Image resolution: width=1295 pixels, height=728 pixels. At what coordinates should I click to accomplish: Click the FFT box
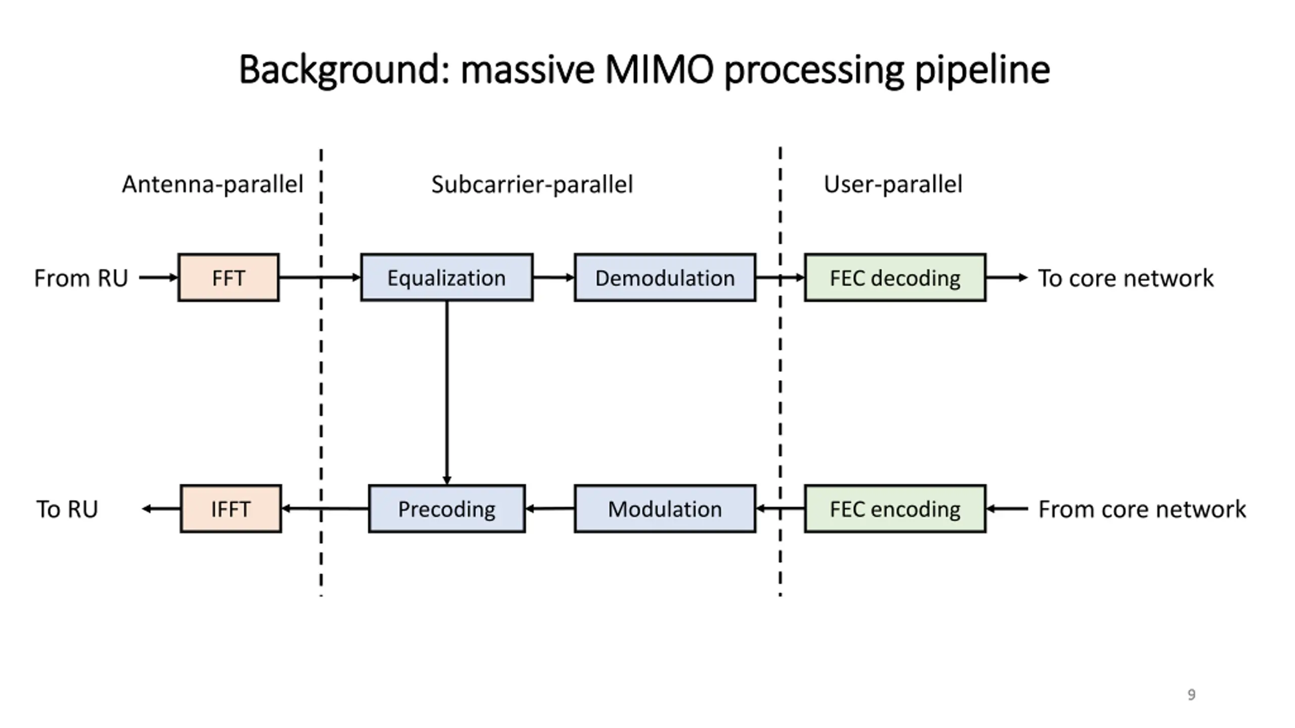click(228, 278)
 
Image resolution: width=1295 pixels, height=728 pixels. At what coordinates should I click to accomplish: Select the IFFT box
click(231, 509)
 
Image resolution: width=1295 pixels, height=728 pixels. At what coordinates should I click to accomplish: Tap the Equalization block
click(447, 278)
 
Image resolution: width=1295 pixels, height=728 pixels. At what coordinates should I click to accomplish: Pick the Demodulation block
click(665, 278)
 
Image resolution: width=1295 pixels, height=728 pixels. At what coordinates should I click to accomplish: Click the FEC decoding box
click(895, 278)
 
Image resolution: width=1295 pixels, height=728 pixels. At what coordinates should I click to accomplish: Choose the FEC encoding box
click(895, 509)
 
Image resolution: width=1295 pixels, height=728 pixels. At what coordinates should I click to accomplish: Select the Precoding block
click(447, 509)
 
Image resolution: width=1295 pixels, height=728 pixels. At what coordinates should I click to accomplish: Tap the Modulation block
click(665, 509)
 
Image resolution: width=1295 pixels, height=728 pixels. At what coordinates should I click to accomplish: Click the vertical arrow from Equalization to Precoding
click(447, 393)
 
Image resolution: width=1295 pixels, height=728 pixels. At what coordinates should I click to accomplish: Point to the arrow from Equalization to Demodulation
click(554, 278)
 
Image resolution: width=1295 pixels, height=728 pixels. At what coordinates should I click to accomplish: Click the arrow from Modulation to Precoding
click(550, 509)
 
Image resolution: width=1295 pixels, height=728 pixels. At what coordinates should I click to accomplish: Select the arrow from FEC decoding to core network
click(1007, 278)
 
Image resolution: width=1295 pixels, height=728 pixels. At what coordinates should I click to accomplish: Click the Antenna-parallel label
click(212, 185)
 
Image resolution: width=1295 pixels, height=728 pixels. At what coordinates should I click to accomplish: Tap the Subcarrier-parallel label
click(532, 185)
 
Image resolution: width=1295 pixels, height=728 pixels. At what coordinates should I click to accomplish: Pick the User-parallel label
click(893, 185)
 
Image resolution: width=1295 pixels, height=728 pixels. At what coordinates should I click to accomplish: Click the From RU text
click(81, 278)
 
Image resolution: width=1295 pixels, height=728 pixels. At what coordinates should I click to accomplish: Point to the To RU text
click(67, 509)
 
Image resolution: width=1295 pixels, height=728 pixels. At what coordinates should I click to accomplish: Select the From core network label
click(1142, 509)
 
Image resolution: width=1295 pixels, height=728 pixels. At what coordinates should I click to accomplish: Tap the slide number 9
click(1191, 695)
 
